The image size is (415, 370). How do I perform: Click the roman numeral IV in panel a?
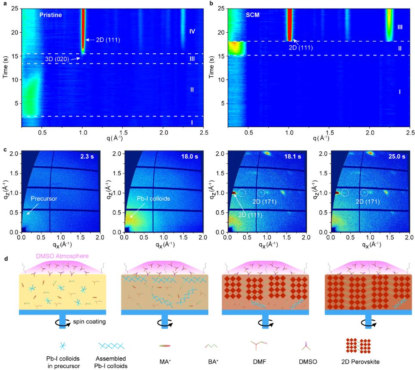point(192,31)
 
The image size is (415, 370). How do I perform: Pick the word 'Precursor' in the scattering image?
point(44,199)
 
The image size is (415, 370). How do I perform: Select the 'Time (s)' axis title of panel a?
point(6,66)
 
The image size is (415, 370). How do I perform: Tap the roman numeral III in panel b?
point(400,27)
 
